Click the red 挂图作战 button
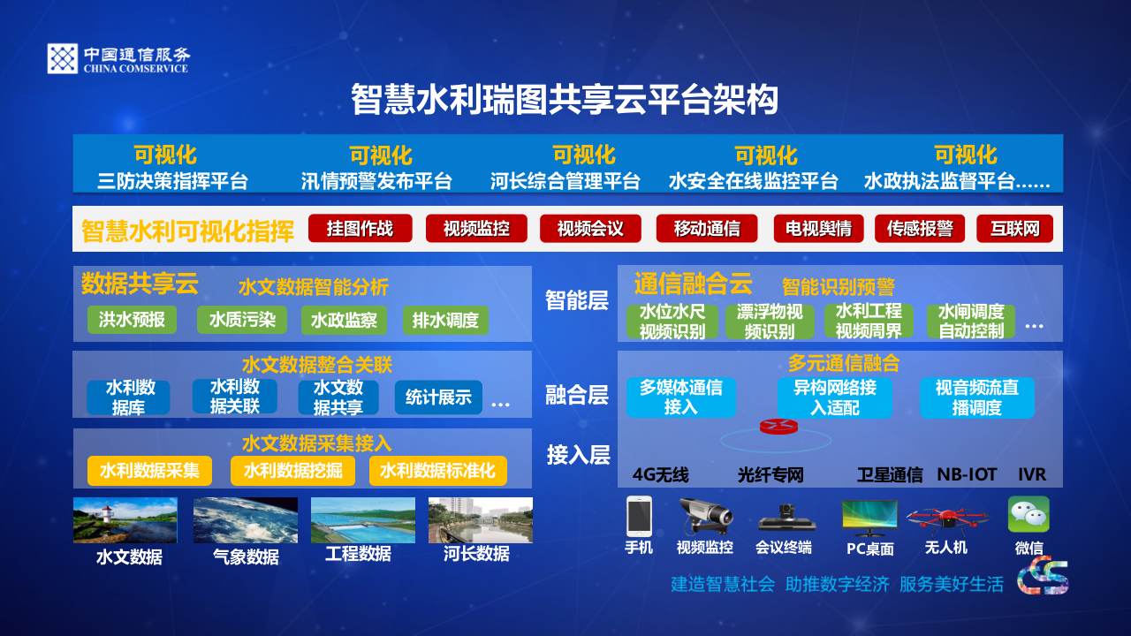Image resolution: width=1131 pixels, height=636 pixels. [x=360, y=229]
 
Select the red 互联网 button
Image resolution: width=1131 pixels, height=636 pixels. [x=1014, y=229]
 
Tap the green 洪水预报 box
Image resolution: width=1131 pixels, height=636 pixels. [x=132, y=320]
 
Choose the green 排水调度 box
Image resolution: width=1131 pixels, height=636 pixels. [x=445, y=320]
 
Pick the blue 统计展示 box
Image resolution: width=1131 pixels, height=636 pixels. [x=438, y=397]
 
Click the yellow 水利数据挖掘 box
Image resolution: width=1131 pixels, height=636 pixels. [x=292, y=471]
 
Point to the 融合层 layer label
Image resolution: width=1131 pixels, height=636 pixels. [x=577, y=395]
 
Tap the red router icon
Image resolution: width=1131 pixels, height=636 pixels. [x=778, y=427]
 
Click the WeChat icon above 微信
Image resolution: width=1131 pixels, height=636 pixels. [x=1029, y=514]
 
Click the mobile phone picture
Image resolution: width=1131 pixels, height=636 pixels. [x=638, y=516]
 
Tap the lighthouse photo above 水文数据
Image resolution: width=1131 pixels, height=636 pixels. [x=125, y=520]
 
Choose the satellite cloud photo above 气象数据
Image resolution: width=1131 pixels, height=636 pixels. [x=246, y=520]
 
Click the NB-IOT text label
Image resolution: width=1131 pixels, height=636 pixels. [x=967, y=474]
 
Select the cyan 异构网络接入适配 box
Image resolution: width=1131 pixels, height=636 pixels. [x=834, y=397]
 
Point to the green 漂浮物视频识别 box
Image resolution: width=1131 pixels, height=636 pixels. [x=770, y=322]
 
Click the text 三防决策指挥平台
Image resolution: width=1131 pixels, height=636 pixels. [x=172, y=182]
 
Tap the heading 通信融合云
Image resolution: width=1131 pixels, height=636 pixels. [x=693, y=284]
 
